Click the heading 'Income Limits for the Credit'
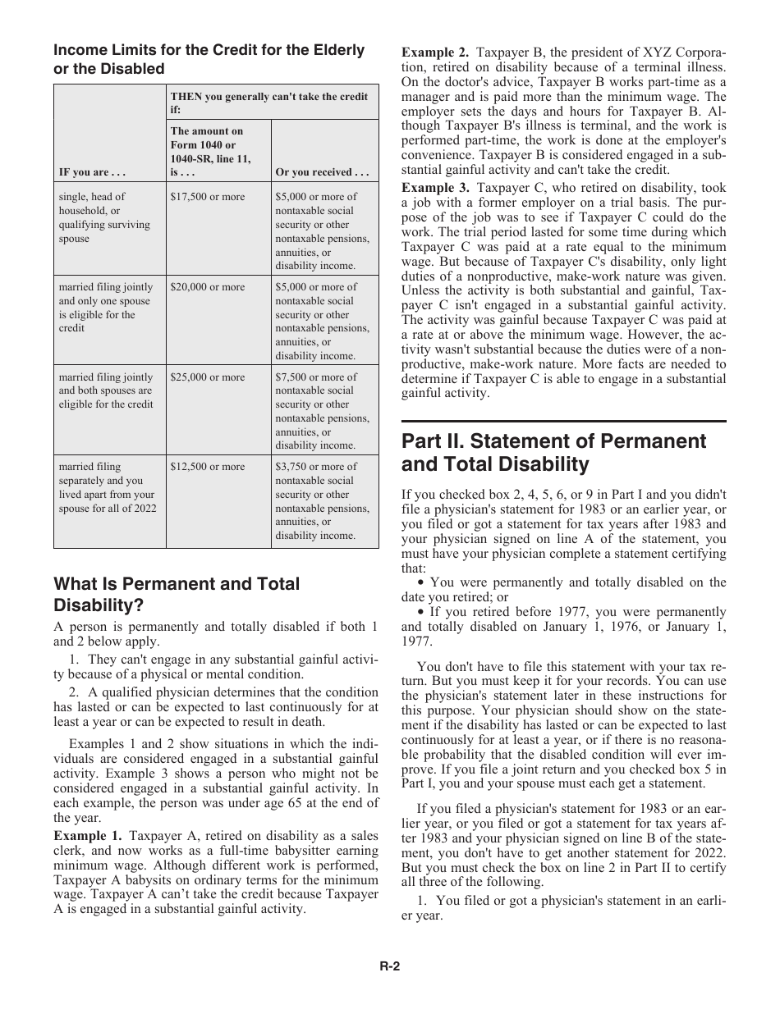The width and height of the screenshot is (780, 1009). [x=209, y=59]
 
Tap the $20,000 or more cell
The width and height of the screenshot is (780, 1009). [x=207, y=287]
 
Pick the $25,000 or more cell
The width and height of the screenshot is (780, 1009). [x=207, y=377]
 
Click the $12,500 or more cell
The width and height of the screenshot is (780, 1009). [x=207, y=467]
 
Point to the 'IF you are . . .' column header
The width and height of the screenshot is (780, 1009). [x=91, y=173]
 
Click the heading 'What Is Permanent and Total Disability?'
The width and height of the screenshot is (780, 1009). [x=177, y=595]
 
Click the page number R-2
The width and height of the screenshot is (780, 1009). [x=389, y=966]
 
